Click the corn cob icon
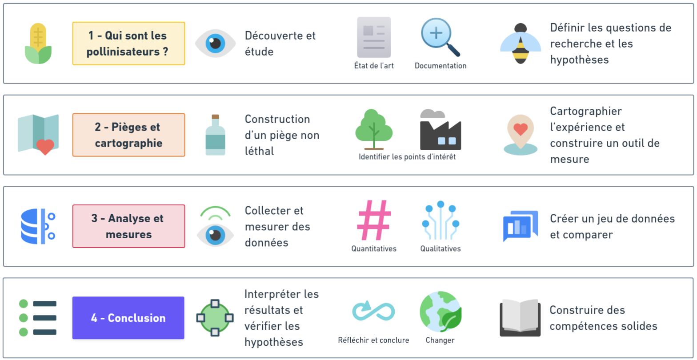coord(38,43)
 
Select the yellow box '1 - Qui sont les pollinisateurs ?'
coord(128,44)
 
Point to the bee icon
coord(521,44)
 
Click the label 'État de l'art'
coord(374,65)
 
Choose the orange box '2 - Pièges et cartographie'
coord(128,135)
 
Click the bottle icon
coord(215,135)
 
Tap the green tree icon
coord(373,129)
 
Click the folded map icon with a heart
coord(38,134)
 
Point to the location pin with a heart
coord(521,135)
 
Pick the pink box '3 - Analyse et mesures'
coord(128,226)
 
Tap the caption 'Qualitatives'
coord(441,249)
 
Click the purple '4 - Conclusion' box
coord(128,318)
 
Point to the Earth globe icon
coord(441,312)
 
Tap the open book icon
coord(521,317)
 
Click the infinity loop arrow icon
coord(373,311)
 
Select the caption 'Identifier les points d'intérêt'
coord(407,157)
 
